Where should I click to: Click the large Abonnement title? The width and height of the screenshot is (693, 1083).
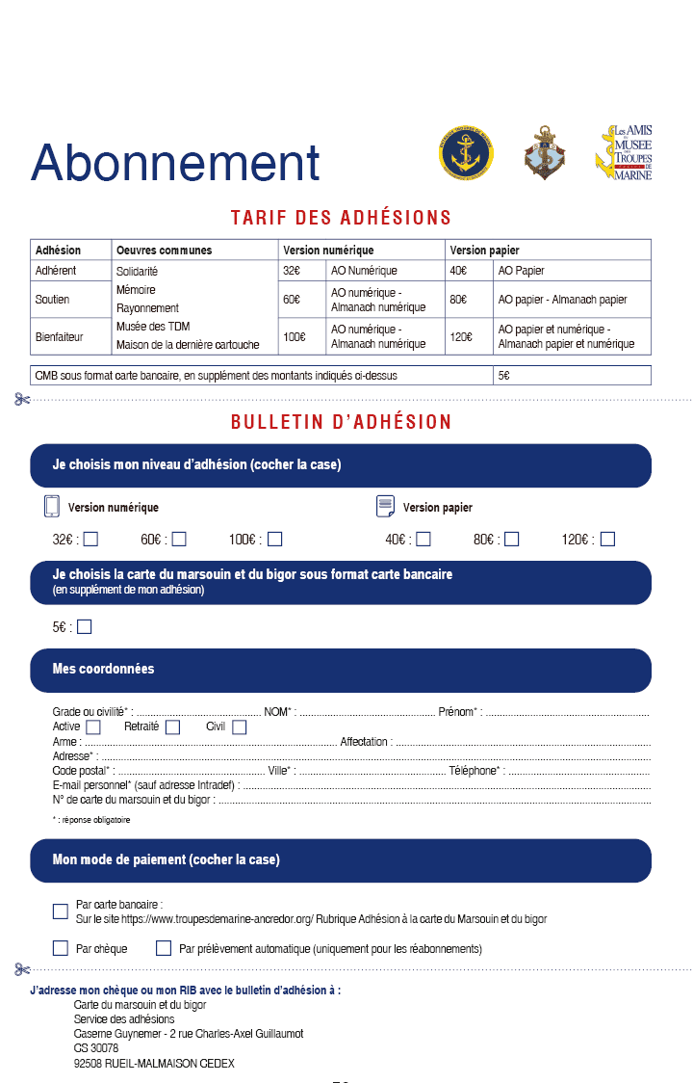pyautogui.click(x=175, y=162)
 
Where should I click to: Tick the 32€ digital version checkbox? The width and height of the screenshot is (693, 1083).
pyautogui.click(x=90, y=540)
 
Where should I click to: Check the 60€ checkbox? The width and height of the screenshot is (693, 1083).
pyautogui.click(x=179, y=540)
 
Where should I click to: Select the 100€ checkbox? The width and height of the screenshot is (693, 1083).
pyautogui.click(x=275, y=540)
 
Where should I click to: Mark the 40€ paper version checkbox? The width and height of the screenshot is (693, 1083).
pyautogui.click(x=423, y=540)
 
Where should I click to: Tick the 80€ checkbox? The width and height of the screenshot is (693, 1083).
pyautogui.click(x=512, y=540)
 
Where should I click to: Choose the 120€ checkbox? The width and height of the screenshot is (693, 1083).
pyautogui.click(x=607, y=540)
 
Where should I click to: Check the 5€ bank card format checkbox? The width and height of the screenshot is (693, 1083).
pyautogui.click(x=85, y=627)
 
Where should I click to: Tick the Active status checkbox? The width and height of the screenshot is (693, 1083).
pyautogui.click(x=93, y=727)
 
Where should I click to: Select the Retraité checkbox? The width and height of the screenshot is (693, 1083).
pyautogui.click(x=172, y=727)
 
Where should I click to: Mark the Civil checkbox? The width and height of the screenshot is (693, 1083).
pyautogui.click(x=240, y=727)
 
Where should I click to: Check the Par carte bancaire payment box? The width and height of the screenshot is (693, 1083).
pyautogui.click(x=61, y=911)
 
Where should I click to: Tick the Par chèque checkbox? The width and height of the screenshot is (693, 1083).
pyautogui.click(x=61, y=948)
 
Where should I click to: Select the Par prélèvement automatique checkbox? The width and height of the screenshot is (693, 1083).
pyautogui.click(x=164, y=948)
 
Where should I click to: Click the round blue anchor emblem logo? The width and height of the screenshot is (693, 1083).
pyautogui.click(x=466, y=153)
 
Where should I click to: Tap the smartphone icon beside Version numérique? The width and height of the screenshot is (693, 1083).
pyautogui.click(x=52, y=507)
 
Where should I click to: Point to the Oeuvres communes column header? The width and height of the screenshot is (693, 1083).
pyautogui.click(x=164, y=251)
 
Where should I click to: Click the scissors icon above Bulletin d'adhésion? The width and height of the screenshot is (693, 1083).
pyautogui.click(x=22, y=399)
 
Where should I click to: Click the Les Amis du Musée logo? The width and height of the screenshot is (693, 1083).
pyautogui.click(x=623, y=152)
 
